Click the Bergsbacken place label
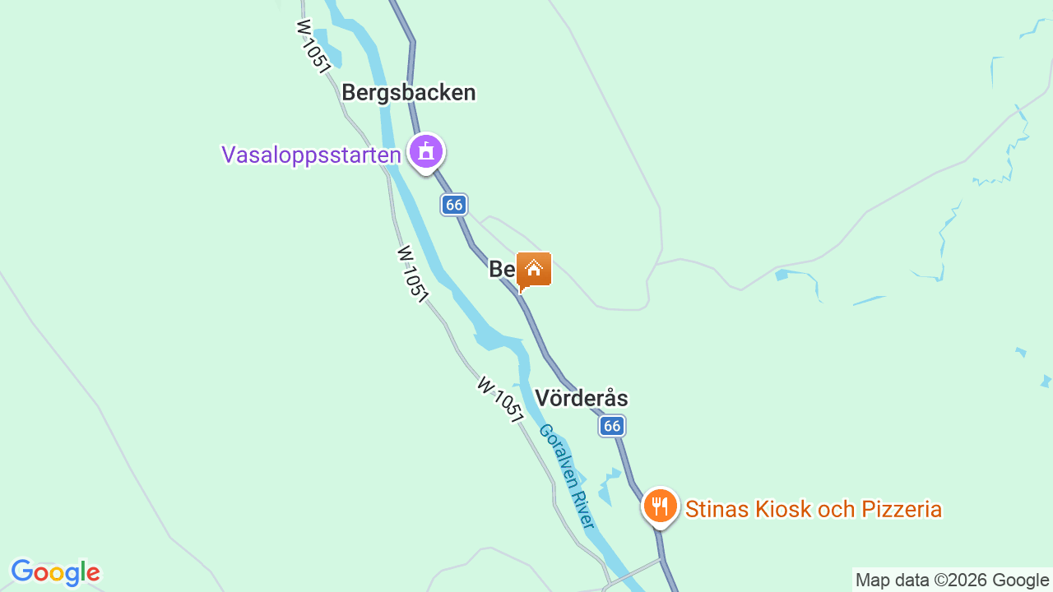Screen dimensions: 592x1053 point(409,92)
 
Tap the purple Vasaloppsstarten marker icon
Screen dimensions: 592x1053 point(425,151)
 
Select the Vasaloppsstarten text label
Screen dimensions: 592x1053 point(311,155)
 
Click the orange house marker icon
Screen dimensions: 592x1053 point(534,270)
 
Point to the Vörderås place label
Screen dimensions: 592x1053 point(581,399)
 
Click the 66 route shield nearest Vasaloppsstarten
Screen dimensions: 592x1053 point(454,205)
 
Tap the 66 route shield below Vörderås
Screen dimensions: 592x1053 point(611,425)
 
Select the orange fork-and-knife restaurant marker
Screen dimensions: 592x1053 point(660,506)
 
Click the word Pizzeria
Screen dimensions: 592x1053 point(901,510)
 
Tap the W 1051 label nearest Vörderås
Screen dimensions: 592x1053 point(499,400)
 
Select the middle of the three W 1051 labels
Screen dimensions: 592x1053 point(413,273)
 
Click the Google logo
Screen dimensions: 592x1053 point(55,572)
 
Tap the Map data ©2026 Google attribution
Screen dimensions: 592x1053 point(952,580)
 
